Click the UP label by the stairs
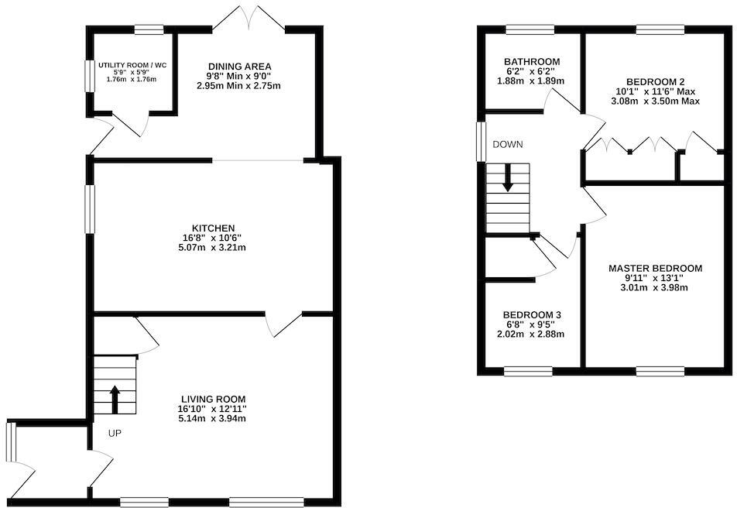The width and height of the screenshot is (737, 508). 112,433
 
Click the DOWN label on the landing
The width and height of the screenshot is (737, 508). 508,145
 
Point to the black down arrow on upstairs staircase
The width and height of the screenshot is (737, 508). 508,177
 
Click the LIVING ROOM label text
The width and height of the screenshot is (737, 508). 211,399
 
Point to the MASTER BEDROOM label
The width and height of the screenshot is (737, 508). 655,269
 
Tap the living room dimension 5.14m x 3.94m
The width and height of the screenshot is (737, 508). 211,419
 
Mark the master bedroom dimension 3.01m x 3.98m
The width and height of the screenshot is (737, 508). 655,288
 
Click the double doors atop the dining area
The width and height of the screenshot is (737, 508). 249,16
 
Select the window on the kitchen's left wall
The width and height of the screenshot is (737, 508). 90,209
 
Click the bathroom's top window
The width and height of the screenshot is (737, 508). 530,30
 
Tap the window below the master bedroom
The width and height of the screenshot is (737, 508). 660,371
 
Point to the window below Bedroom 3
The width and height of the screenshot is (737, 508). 527,371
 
